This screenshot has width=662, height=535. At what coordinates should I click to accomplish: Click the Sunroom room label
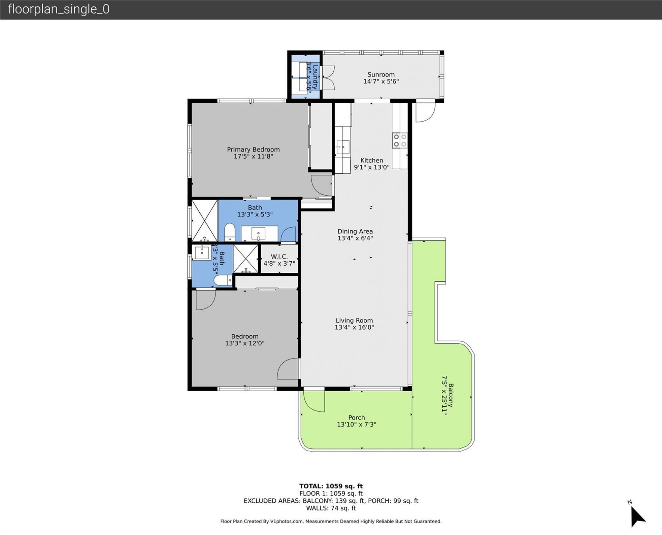(x=381, y=74)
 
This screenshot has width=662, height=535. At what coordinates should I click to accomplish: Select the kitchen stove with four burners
(x=400, y=141)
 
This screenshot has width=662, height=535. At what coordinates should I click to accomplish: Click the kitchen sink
(x=343, y=147)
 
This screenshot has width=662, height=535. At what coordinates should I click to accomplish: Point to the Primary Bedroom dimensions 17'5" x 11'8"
(x=253, y=157)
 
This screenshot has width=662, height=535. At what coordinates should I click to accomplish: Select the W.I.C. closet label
(x=279, y=257)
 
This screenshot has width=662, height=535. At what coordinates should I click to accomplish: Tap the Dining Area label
(x=355, y=231)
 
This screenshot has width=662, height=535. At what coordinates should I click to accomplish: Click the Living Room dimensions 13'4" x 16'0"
(x=354, y=327)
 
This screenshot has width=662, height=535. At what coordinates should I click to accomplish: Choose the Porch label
(x=356, y=417)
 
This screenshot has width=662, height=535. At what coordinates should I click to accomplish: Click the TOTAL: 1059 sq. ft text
(x=331, y=486)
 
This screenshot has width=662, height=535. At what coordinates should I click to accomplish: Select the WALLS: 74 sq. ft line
(x=331, y=508)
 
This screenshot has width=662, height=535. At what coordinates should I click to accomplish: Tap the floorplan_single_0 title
(x=59, y=9)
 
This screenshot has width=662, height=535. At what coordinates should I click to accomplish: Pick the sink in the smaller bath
(x=202, y=252)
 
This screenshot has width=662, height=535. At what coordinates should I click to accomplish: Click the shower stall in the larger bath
(x=205, y=221)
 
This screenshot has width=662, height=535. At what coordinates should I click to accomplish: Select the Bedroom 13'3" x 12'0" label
(x=244, y=340)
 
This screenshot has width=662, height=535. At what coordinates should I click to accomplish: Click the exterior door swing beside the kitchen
(x=425, y=111)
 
